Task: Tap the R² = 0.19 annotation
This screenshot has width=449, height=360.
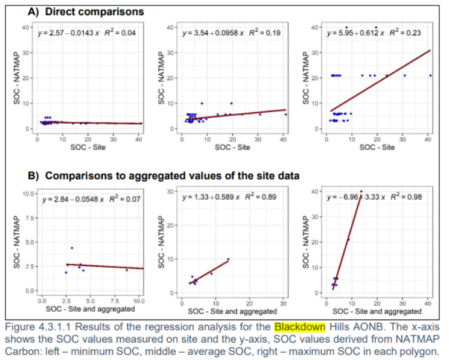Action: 266,33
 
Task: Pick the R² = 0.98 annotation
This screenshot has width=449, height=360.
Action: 410,197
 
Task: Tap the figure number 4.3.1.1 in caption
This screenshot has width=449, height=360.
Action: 62,327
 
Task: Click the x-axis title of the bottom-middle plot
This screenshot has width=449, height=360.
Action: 232,311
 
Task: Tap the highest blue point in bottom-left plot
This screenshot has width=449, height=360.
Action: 72,248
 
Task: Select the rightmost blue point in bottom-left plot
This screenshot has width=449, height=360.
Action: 127,270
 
